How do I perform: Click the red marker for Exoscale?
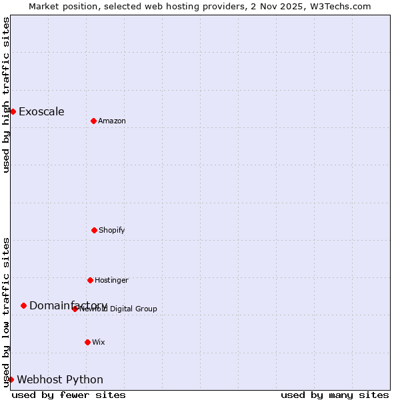pos(13,111)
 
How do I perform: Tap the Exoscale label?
pos(41,112)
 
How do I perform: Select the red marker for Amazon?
pos(93,121)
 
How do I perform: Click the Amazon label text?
pos(112,121)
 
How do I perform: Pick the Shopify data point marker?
pos(94,230)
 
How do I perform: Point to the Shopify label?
pos(112,231)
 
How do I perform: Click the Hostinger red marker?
pos(90,280)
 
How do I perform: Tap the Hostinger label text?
pos(111,281)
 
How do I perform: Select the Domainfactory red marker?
pos(23,305)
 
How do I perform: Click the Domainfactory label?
pos(68,305)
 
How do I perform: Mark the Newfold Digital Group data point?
pos(75,309)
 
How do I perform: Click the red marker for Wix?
pos(87,342)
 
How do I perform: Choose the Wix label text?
pos(99,343)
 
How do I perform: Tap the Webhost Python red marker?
pos(11,379)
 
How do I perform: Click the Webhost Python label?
pos(60,380)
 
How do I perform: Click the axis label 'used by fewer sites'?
pos(69,395)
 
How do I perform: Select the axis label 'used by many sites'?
pos(335,395)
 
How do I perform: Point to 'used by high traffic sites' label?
pos(6,95)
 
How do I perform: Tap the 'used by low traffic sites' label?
pos(6,312)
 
